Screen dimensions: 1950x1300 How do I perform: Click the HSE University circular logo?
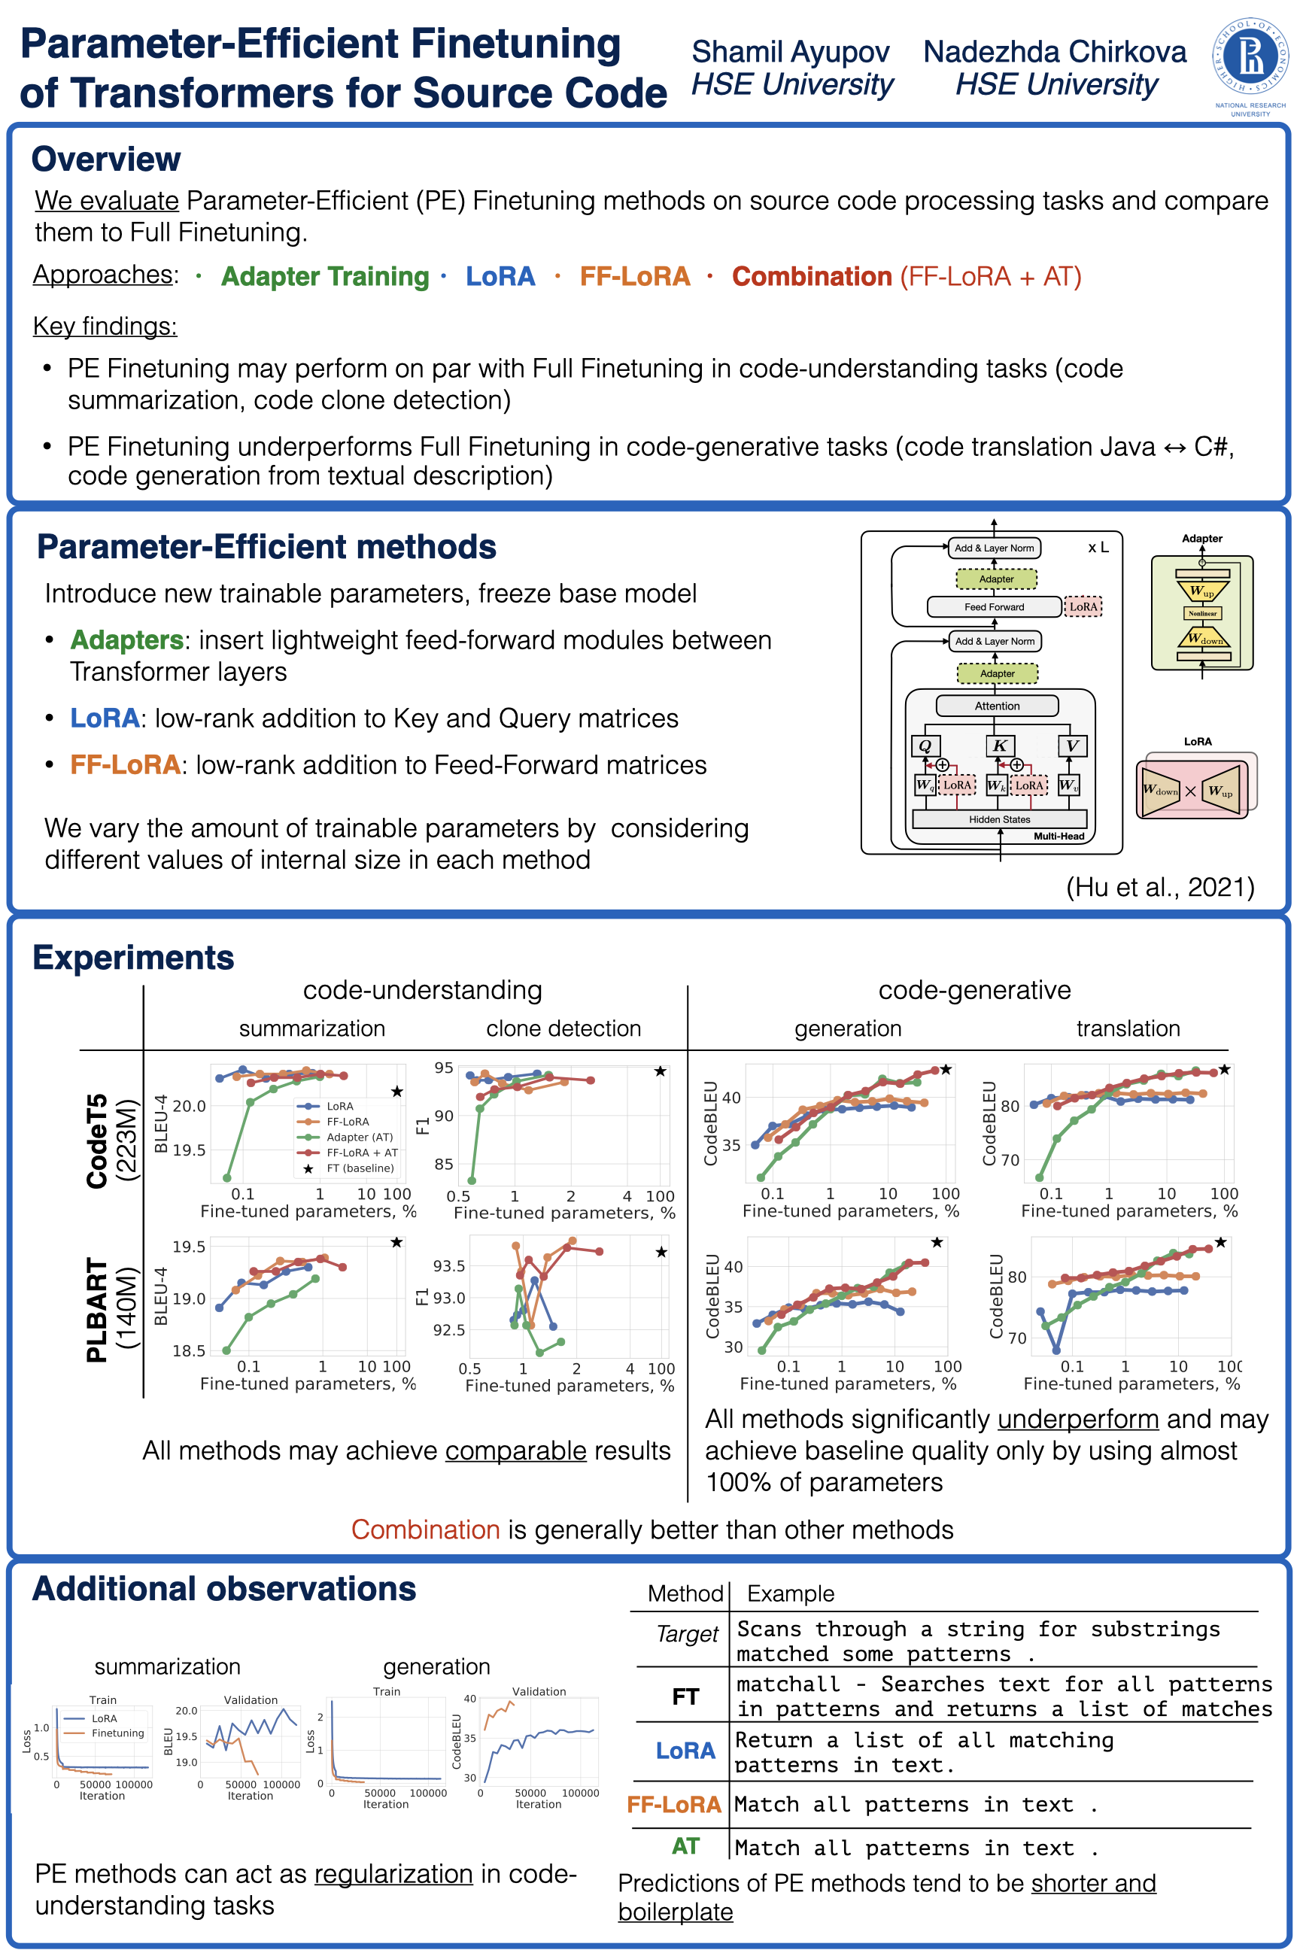1250,56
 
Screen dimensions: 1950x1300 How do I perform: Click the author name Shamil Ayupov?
790,51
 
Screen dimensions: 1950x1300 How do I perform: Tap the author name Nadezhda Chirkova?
1055,51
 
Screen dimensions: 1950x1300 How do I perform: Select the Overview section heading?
106,159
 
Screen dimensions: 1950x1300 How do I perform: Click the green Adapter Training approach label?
324,276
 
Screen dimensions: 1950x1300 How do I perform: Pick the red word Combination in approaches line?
811,276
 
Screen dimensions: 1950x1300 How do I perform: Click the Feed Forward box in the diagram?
994,607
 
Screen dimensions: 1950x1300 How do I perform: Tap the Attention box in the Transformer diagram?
997,706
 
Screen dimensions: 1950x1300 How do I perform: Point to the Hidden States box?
999,819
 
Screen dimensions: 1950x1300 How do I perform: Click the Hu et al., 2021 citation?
1159,887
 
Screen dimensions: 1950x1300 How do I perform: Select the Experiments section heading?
133,958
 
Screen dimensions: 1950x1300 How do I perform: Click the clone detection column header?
563,1028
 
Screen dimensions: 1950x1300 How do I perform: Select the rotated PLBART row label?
97,1310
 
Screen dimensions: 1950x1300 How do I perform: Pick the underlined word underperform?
1077,1419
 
